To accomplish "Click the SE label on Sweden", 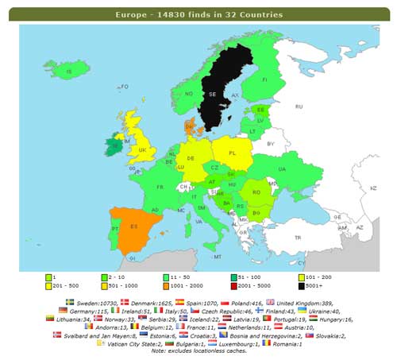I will click(x=212, y=94).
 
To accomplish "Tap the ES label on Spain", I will click(x=134, y=226).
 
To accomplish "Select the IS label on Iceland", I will click(x=69, y=72).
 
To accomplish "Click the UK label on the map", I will click(x=142, y=149).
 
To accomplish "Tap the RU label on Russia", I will click(x=299, y=106).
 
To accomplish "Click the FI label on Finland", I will click(x=265, y=79).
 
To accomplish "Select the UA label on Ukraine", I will click(x=282, y=168).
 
